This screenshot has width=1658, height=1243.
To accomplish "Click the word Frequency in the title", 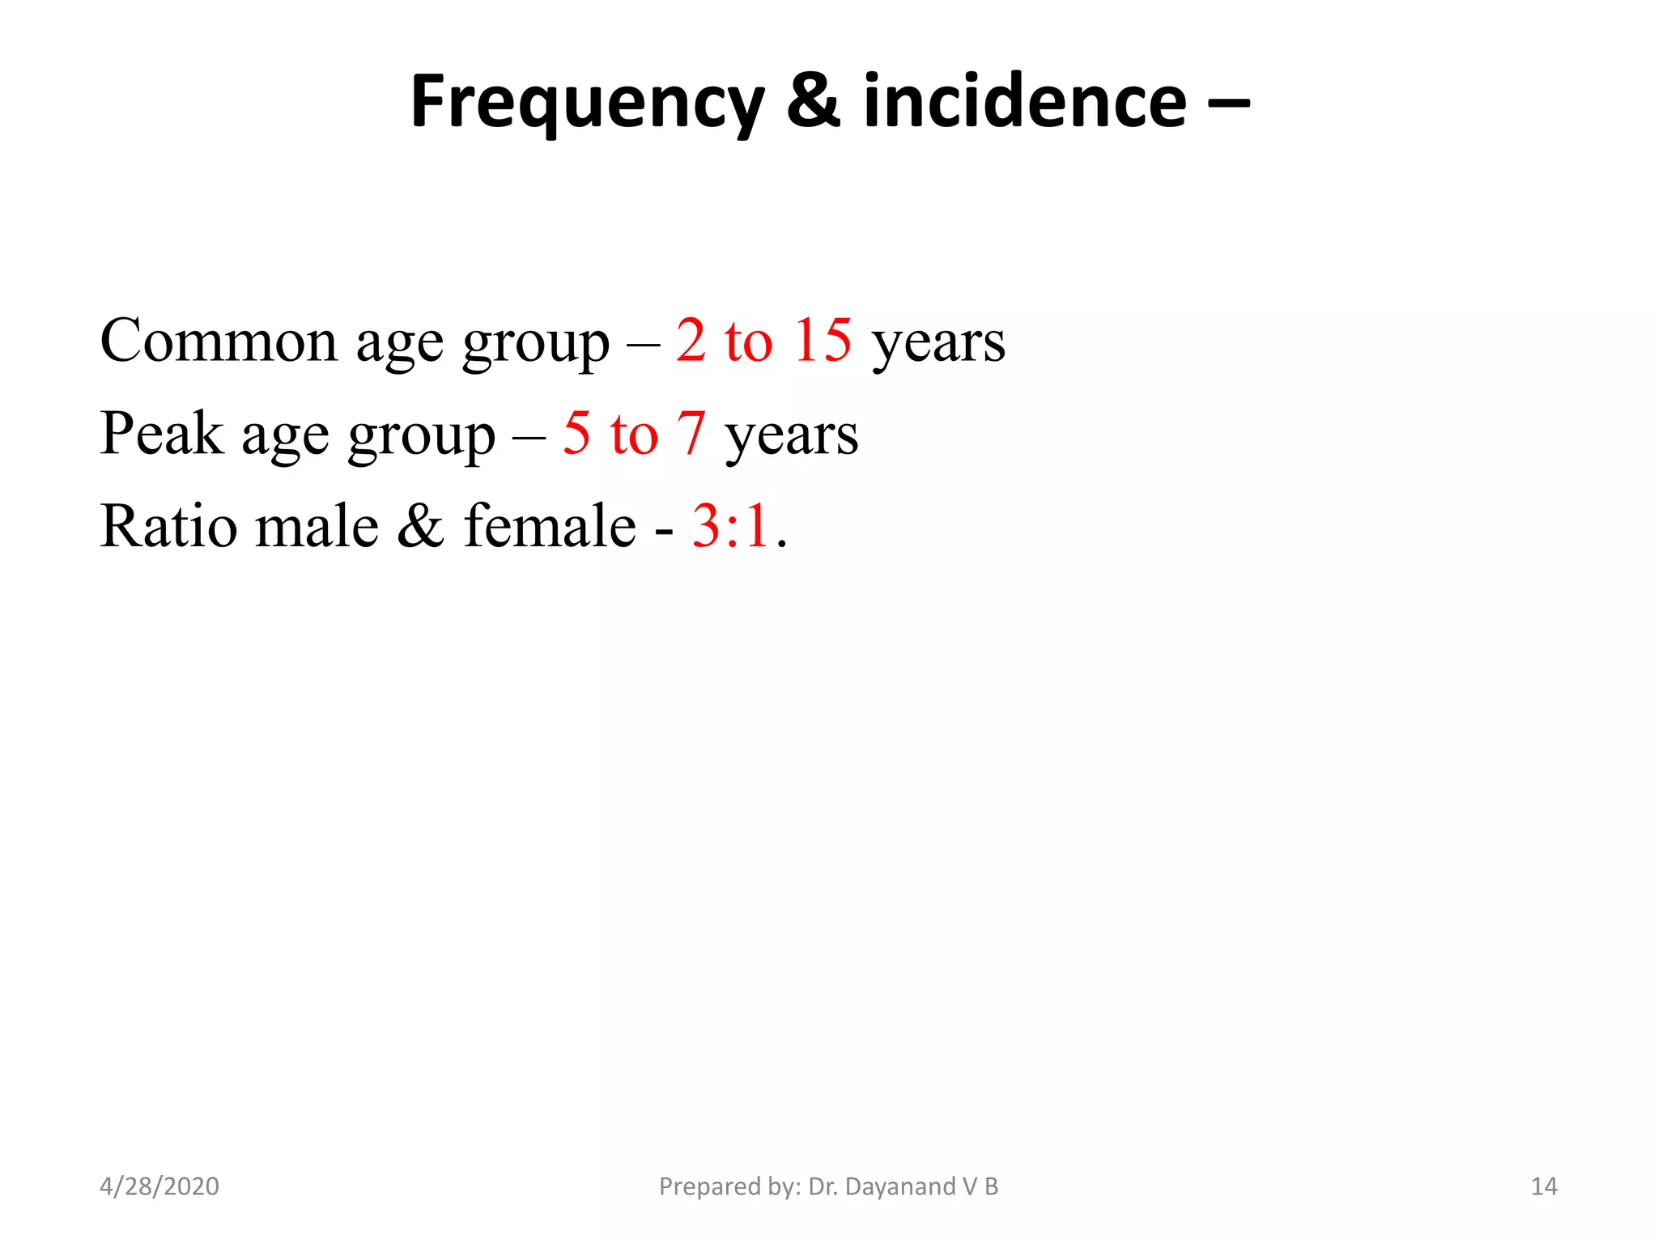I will tap(587, 102).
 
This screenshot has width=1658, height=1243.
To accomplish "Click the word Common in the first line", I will tap(218, 341).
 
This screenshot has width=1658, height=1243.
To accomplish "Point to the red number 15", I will tap(822, 339).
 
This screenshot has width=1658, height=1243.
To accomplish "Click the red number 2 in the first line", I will tap(691, 339).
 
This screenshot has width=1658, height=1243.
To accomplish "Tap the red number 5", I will tap(576, 433).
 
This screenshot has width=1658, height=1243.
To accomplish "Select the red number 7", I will tap(691, 433).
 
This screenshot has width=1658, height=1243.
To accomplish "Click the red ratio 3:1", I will tap(730, 526).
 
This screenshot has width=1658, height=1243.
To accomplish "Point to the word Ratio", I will tap(168, 526).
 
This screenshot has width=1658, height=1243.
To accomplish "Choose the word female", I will tap(550, 526).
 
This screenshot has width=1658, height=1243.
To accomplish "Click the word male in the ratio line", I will tap(317, 526).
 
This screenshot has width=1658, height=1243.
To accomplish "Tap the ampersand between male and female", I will tap(420, 526).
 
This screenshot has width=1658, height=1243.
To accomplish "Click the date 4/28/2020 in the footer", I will tap(159, 1186).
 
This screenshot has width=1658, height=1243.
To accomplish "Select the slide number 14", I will tap(1544, 1186).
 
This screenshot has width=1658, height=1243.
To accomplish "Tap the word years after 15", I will tap(938, 344).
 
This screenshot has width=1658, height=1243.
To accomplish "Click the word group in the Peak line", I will tap(421, 438).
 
